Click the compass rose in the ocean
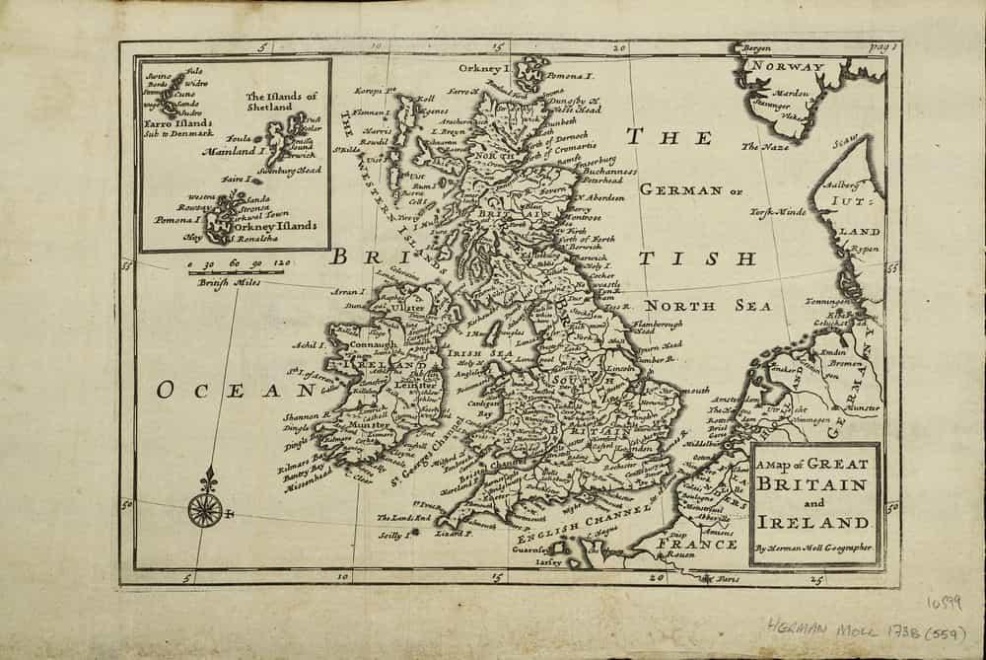[x=206, y=507]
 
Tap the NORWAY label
[x=783, y=67]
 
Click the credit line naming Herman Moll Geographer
[x=813, y=549]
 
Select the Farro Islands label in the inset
[x=176, y=125]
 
